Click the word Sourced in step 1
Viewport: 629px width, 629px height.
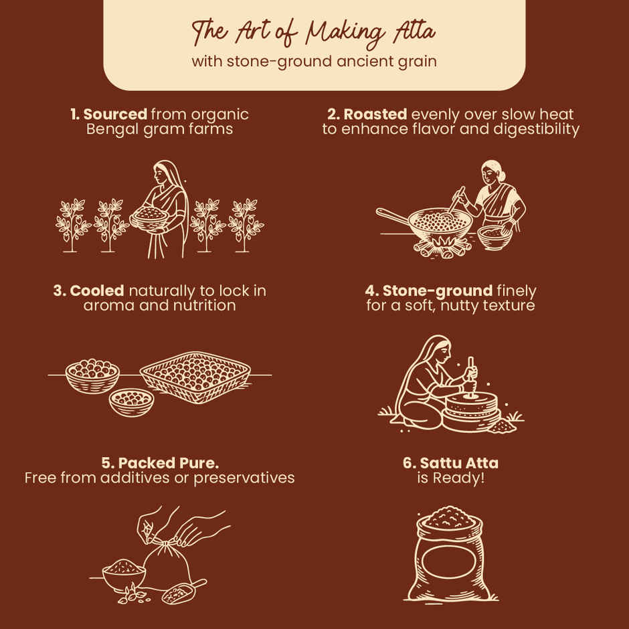pyautogui.click(x=115, y=114)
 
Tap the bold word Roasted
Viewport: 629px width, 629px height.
pyautogui.click(x=375, y=114)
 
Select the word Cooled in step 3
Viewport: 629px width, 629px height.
pyautogui.click(x=96, y=291)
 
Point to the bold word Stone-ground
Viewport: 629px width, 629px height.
pyautogui.click(x=437, y=291)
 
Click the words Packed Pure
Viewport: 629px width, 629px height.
pyautogui.click(x=169, y=463)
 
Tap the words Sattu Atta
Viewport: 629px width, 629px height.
pyautogui.click(x=459, y=463)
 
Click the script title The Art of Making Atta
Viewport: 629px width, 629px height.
pyautogui.click(x=314, y=32)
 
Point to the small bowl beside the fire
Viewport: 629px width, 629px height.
pyautogui.click(x=495, y=237)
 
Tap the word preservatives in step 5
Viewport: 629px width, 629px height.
pyautogui.click(x=244, y=478)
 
